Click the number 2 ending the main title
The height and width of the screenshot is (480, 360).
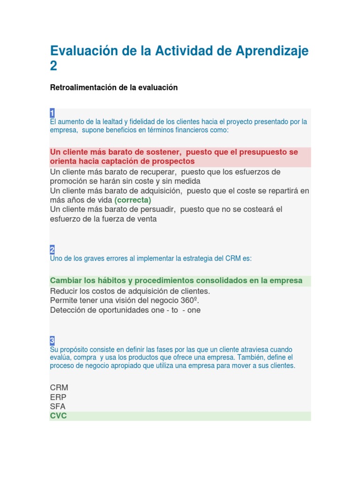pyautogui.click(x=53, y=67)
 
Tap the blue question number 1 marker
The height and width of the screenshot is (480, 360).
pyautogui.click(x=52, y=113)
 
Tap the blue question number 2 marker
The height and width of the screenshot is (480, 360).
pyautogui.click(x=52, y=250)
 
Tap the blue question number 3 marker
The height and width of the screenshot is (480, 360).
pyautogui.click(x=52, y=341)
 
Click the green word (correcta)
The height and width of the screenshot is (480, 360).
pyautogui.click(x=133, y=200)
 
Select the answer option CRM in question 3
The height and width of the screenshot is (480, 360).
pyautogui.click(x=59, y=388)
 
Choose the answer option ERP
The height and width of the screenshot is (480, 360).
pyautogui.click(x=58, y=397)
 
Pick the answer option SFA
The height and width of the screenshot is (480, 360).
pyautogui.click(x=58, y=406)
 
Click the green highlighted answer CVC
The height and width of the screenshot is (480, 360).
pyautogui.click(x=59, y=416)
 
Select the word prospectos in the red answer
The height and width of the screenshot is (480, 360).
pyautogui.click(x=167, y=161)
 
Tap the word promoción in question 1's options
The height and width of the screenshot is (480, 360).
pyautogui.click(x=69, y=181)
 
